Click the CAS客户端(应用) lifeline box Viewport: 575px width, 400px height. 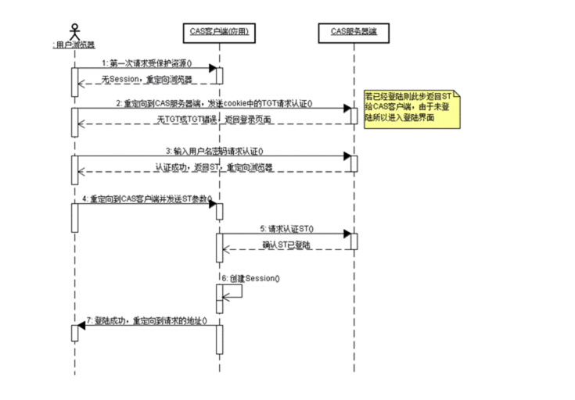[219, 33]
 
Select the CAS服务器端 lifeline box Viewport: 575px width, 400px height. [354, 33]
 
